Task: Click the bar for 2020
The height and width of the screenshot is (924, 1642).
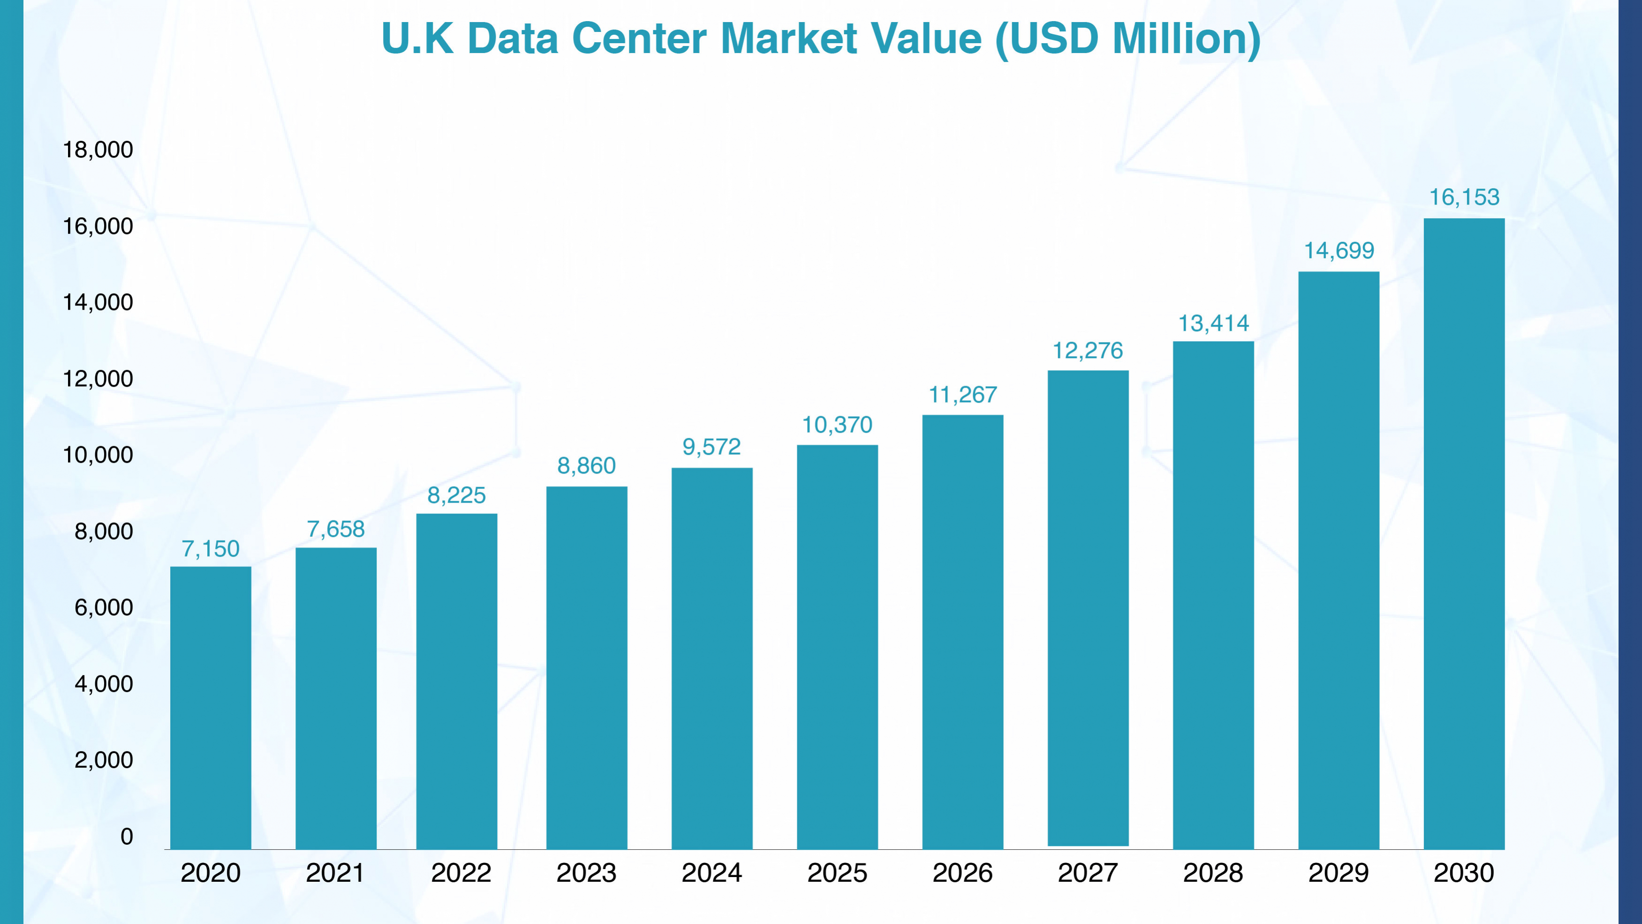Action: coord(210,708)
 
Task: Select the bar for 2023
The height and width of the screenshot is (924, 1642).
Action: coord(586,668)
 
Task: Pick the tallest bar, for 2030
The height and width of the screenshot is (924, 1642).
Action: coord(1464,534)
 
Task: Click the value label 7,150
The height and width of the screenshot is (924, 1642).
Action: coord(210,549)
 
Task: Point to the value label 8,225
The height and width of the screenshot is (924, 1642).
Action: coord(456,496)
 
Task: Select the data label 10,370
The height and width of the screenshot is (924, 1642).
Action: coord(837,425)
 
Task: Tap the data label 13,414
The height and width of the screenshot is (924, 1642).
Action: coord(1213,323)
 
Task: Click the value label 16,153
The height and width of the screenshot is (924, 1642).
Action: coord(1464,198)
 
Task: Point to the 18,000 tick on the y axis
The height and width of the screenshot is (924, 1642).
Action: coord(98,150)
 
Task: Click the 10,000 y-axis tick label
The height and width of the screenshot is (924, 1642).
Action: coord(98,455)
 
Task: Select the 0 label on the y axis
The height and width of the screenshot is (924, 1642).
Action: coord(127,837)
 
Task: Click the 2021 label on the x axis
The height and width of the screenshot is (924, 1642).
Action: coord(335,873)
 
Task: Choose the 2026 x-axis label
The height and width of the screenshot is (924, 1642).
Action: coord(962,873)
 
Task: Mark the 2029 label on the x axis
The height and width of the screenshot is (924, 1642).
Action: coord(1339,873)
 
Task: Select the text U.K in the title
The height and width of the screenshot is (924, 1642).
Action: coord(417,39)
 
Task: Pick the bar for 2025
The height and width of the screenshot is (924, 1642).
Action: coord(837,647)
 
